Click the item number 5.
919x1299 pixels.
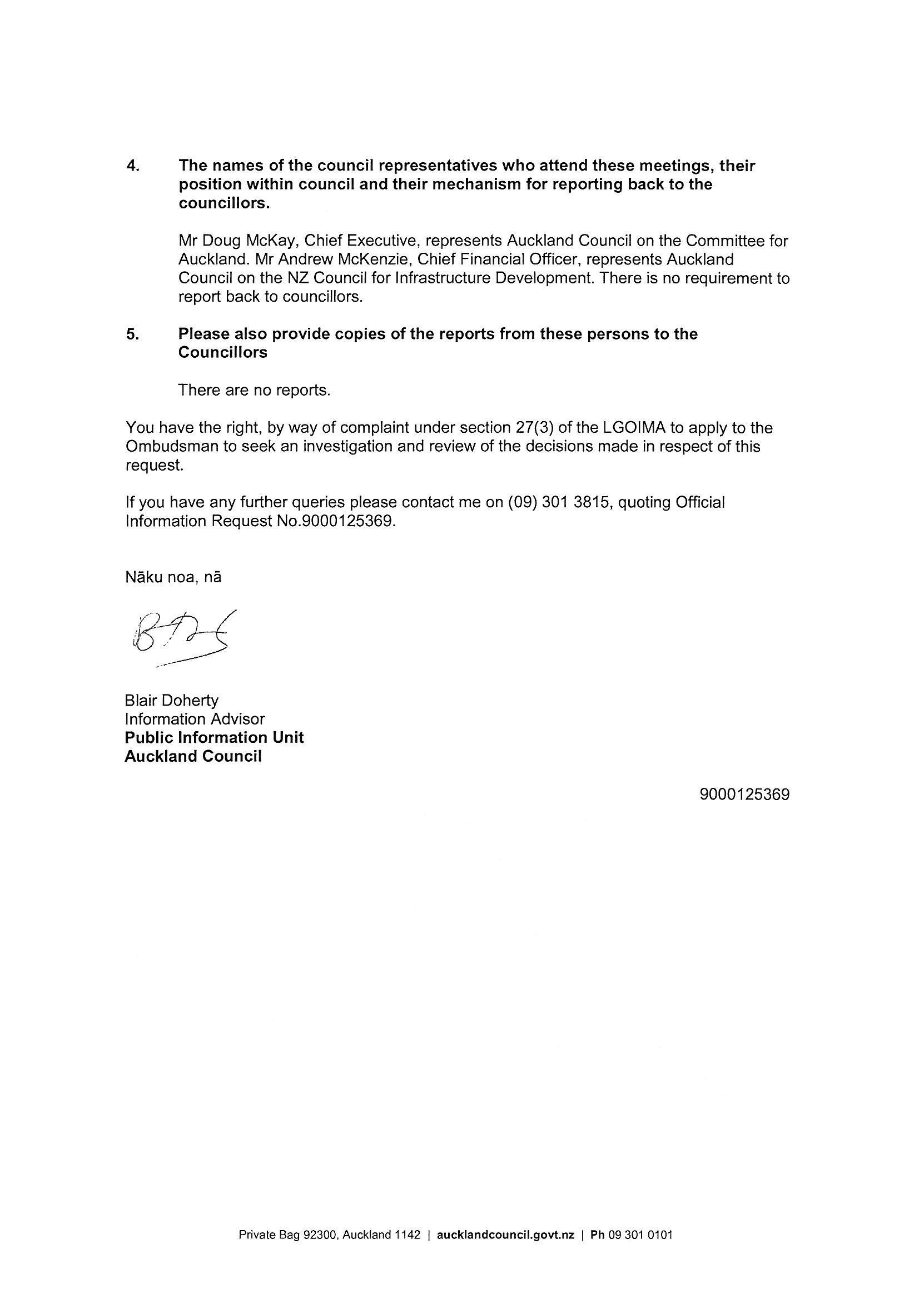coord(132,334)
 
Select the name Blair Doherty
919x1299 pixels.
coord(171,701)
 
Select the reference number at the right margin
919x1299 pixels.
coord(744,795)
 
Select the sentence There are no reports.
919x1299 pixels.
coord(254,391)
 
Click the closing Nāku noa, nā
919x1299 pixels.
coord(173,578)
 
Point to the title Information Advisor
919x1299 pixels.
coord(194,719)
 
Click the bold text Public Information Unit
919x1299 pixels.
coord(214,738)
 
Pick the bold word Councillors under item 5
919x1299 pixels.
coord(222,352)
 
